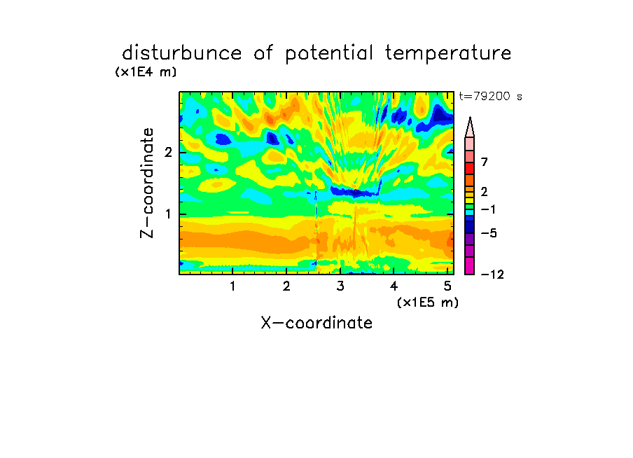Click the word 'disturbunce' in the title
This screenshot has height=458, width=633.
tap(182, 53)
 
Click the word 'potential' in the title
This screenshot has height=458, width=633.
tap(329, 54)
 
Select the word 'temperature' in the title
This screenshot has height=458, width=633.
tap(448, 54)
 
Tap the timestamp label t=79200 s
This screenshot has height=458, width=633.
tap(490, 97)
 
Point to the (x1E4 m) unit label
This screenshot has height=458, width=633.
tap(146, 72)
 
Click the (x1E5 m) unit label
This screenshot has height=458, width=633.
tap(428, 302)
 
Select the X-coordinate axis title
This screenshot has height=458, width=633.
tap(316, 323)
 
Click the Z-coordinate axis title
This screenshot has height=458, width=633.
tap(147, 183)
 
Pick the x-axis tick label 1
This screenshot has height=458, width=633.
tap(232, 286)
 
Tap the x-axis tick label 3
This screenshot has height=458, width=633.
tap(340, 286)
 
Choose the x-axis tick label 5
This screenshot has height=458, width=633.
tap(447, 286)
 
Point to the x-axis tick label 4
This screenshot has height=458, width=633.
tap(394, 286)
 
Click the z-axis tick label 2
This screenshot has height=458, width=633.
tap(168, 153)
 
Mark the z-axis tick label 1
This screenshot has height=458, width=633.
tap(168, 214)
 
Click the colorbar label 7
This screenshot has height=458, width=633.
tap(485, 162)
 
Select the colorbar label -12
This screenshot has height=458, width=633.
tap(492, 275)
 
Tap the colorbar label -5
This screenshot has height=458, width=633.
tap(489, 233)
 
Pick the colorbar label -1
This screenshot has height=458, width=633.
tap(488, 209)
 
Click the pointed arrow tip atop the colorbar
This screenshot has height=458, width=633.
tap(470, 118)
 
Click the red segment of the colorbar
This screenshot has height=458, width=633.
tap(470, 168)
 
